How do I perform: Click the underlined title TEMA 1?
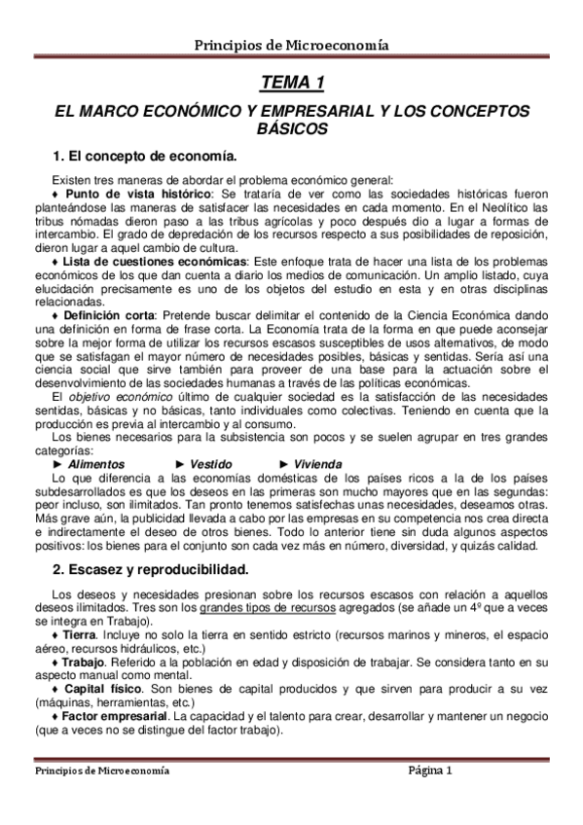point(292,82)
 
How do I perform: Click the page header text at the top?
point(292,44)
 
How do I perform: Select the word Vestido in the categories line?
point(211,465)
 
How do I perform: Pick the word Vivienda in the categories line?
point(317,465)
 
